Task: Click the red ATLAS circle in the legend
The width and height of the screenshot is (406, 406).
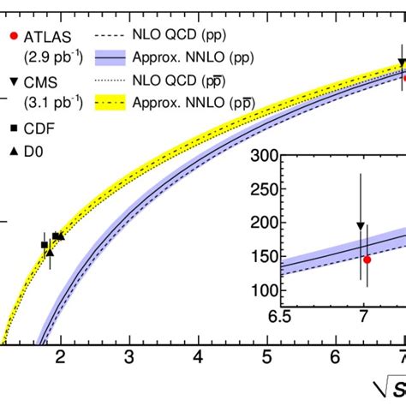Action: coord(11,37)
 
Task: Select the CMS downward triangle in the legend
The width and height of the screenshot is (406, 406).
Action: coord(11,81)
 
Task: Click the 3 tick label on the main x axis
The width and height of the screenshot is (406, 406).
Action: coord(128,356)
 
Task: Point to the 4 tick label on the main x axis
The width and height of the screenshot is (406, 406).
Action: coord(198,356)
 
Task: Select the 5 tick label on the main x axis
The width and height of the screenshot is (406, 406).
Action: coord(266,356)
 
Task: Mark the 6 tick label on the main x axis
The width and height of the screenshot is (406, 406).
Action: coord(336,356)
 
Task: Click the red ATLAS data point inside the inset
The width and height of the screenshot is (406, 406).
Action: coord(367,259)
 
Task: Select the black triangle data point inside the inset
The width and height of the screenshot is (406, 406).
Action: coord(361,226)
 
